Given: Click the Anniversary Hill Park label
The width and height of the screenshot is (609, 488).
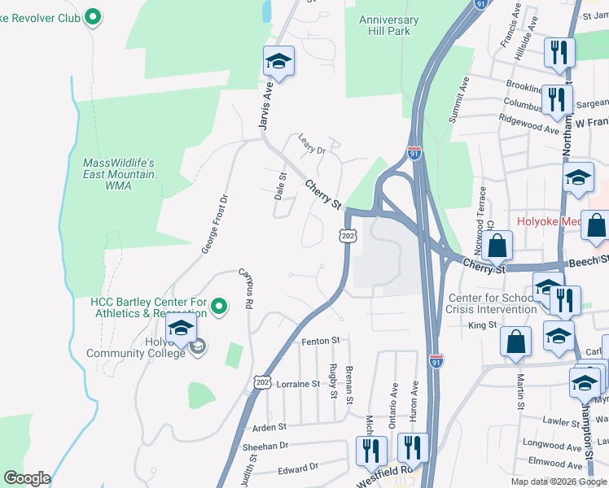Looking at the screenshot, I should [x=388, y=26].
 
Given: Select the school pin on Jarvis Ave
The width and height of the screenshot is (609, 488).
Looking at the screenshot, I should [x=278, y=62].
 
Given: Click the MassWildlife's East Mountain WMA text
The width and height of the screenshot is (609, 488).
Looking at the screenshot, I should [x=119, y=174].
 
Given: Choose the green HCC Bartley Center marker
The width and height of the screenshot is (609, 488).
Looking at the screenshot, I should [x=218, y=306].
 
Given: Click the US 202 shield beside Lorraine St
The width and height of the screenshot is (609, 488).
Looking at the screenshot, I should [x=262, y=381].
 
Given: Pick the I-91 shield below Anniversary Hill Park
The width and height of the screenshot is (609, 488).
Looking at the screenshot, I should [x=414, y=151].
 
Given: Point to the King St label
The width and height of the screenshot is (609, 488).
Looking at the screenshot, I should [x=482, y=325].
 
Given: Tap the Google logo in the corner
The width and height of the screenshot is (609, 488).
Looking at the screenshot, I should [x=27, y=478].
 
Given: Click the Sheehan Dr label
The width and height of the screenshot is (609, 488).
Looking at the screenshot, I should [x=265, y=447].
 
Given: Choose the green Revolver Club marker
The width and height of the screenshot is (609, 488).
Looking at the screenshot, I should [x=92, y=15].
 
